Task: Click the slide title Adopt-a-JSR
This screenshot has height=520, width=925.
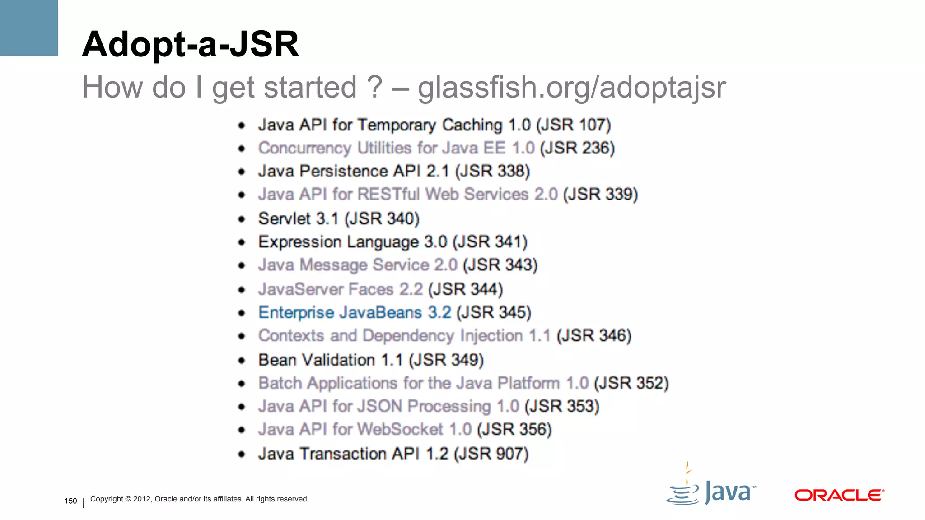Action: [x=190, y=44]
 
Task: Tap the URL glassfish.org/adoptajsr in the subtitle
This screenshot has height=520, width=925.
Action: [x=571, y=87]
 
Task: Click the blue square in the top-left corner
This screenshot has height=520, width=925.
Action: [x=29, y=28]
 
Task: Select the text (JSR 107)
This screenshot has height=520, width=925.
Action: [x=573, y=125]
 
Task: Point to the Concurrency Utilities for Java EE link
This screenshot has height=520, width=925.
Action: [x=396, y=148]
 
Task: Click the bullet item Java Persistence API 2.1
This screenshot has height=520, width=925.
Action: [x=353, y=172]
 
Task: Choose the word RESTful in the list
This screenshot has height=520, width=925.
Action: [x=388, y=195]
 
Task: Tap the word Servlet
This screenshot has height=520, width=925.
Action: [x=284, y=219]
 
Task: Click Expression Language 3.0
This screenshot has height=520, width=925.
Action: [x=352, y=242]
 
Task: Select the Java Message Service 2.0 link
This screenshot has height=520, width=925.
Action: [x=358, y=265]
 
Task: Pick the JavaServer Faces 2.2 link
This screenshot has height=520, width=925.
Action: [x=340, y=289]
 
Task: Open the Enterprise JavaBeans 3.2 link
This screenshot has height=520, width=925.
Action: [x=355, y=312]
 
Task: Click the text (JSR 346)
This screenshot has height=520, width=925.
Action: [x=593, y=336]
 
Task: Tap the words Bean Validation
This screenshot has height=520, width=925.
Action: [x=316, y=360]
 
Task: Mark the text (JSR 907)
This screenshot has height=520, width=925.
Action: [x=491, y=454]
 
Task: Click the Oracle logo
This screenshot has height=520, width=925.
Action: [x=839, y=495]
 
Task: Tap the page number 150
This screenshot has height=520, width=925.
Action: [x=71, y=501]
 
